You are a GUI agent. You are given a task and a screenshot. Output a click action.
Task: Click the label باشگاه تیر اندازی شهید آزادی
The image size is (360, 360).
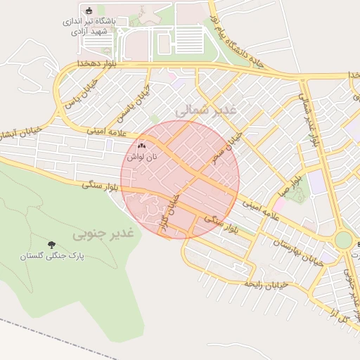[87, 26]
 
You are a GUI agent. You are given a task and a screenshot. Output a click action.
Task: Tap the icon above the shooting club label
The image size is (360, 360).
[88, 11]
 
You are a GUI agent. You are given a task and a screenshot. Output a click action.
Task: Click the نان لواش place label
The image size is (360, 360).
[141, 157]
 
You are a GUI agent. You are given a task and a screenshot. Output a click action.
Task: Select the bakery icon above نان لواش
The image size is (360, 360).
[141, 146]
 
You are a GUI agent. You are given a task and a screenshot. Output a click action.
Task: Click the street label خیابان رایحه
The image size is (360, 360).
[266, 284]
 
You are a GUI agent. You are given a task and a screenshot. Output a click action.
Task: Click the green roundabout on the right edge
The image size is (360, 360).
[342, 240]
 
